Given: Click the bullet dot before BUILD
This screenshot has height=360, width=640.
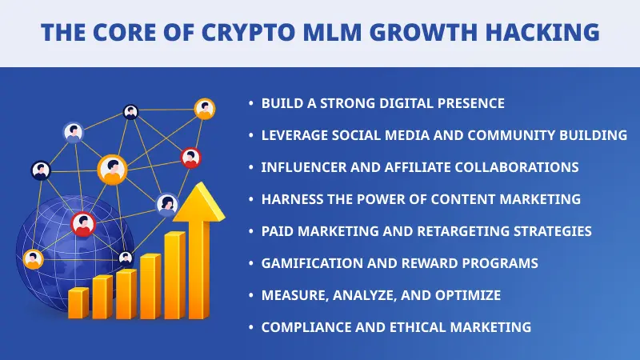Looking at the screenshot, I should pos(251,104).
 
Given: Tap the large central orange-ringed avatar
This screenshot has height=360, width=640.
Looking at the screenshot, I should pos(112,169).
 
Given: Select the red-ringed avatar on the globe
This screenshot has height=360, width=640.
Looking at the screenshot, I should pos(82,224).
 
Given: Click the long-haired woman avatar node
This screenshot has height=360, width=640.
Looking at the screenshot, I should pos(166,205).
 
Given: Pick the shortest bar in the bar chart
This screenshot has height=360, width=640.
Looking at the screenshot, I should pos(78,302).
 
